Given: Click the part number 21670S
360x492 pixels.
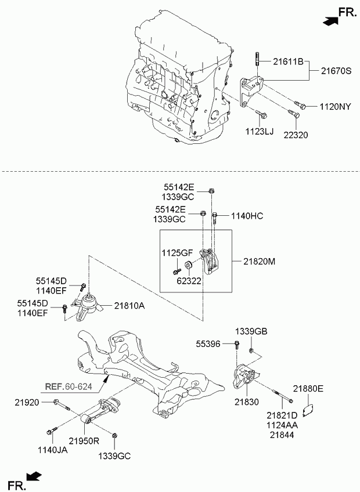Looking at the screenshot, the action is click(x=336, y=71).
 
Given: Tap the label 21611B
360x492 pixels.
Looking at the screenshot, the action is click(x=288, y=62).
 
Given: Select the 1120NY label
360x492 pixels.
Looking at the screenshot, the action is click(x=335, y=107).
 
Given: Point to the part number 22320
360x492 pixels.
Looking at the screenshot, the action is click(x=296, y=135).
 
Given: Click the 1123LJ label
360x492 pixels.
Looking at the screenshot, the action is click(x=260, y=132).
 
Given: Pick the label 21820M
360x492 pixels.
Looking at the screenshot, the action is click(x=259, y=261).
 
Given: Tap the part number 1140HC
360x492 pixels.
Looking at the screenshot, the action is click(x=247, y=216).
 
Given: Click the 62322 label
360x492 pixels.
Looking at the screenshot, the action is click(x=189, y=281).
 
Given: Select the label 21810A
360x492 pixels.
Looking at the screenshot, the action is click(x=129, y=306).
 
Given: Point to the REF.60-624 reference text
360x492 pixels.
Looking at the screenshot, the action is click(x=69, y=386).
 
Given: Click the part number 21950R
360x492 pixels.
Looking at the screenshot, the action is click(x=84, y=441).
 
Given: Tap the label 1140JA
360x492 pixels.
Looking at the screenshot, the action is click(x=53, y=450).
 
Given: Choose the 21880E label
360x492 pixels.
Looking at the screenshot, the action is click(x=308, y=389).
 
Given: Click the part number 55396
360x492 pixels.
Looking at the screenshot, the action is click(x=208, y=344).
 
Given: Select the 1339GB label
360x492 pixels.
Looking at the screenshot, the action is click(x=251, y=331).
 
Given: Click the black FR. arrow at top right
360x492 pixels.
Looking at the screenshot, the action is click(x=330, y=21).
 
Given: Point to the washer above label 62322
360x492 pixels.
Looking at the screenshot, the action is click(x=188, y=265).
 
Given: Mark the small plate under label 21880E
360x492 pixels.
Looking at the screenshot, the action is click(x=308, y=410).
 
